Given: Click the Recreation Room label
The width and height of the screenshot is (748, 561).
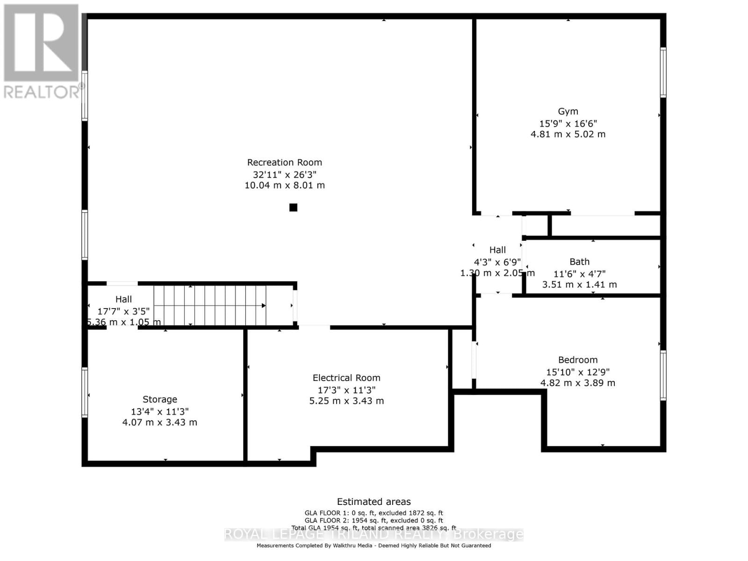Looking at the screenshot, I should [284, 163].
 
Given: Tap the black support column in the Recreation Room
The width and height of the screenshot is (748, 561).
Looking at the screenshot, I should [293, 208].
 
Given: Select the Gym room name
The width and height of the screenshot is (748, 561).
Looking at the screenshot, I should [568, 111].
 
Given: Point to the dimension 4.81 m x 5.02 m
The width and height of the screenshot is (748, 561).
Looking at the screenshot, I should [568, 134].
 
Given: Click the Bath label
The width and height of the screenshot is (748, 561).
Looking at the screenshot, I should [579, 262].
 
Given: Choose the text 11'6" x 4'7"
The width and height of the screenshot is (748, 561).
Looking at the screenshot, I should [579, 274].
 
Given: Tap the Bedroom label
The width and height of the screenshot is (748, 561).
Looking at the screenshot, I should [577, 360].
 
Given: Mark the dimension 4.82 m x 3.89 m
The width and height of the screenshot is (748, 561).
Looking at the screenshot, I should [577, 383].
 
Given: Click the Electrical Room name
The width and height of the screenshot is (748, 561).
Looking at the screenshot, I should [346, 378].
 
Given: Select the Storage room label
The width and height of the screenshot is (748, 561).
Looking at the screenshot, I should [160, 399].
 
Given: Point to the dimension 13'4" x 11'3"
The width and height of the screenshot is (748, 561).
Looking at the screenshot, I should [160, 411].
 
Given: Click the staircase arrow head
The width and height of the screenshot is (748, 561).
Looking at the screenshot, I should [264, 306].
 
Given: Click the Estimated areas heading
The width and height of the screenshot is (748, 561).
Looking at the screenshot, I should [374, 502].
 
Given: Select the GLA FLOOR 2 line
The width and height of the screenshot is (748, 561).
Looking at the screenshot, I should [374, 520].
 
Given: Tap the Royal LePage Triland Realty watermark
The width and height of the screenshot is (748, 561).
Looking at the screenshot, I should [374, 534].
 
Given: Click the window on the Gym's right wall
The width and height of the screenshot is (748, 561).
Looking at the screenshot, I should [663, 72].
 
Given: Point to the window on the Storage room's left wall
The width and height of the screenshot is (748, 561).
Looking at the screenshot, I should [85, 392].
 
